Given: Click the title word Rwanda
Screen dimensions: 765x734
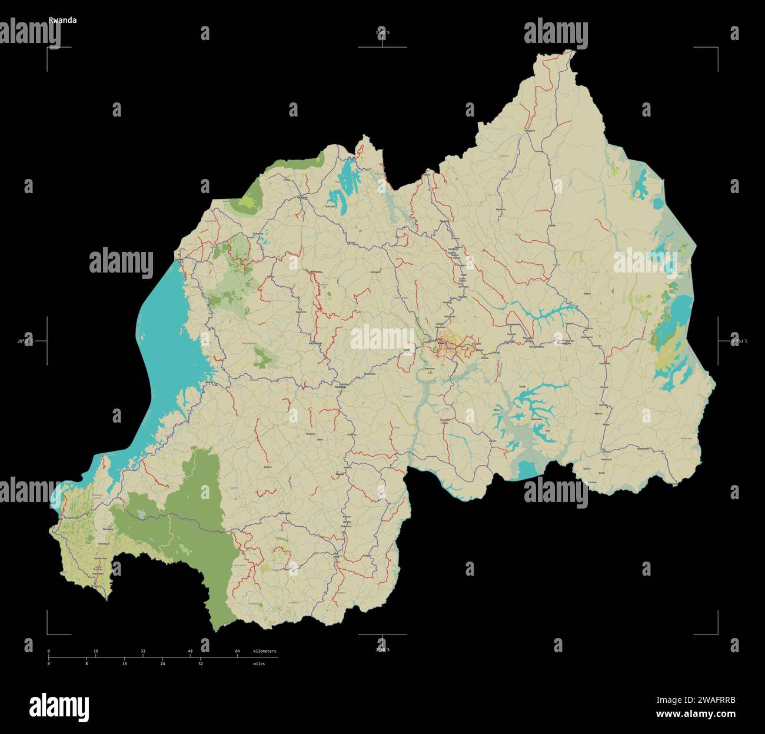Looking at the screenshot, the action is click(62, 20).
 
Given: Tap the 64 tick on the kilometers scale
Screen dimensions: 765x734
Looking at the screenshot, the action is click(237, 651).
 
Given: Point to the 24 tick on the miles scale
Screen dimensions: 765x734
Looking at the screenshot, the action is click(162, 663).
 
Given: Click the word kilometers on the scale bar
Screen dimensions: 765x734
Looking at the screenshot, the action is click(264, 651).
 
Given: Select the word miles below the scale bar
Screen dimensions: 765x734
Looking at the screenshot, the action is click(259, 663).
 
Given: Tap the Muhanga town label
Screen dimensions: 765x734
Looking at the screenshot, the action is click(340, 387).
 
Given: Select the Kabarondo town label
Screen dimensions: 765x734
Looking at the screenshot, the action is click(604, 363).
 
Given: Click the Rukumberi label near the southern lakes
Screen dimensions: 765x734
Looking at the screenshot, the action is click(536, 419).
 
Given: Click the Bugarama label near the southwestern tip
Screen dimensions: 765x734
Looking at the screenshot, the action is click(97, 586).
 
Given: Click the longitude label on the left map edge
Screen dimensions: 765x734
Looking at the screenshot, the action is click(25, 341).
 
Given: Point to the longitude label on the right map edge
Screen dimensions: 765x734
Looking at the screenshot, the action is click(739, 341).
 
